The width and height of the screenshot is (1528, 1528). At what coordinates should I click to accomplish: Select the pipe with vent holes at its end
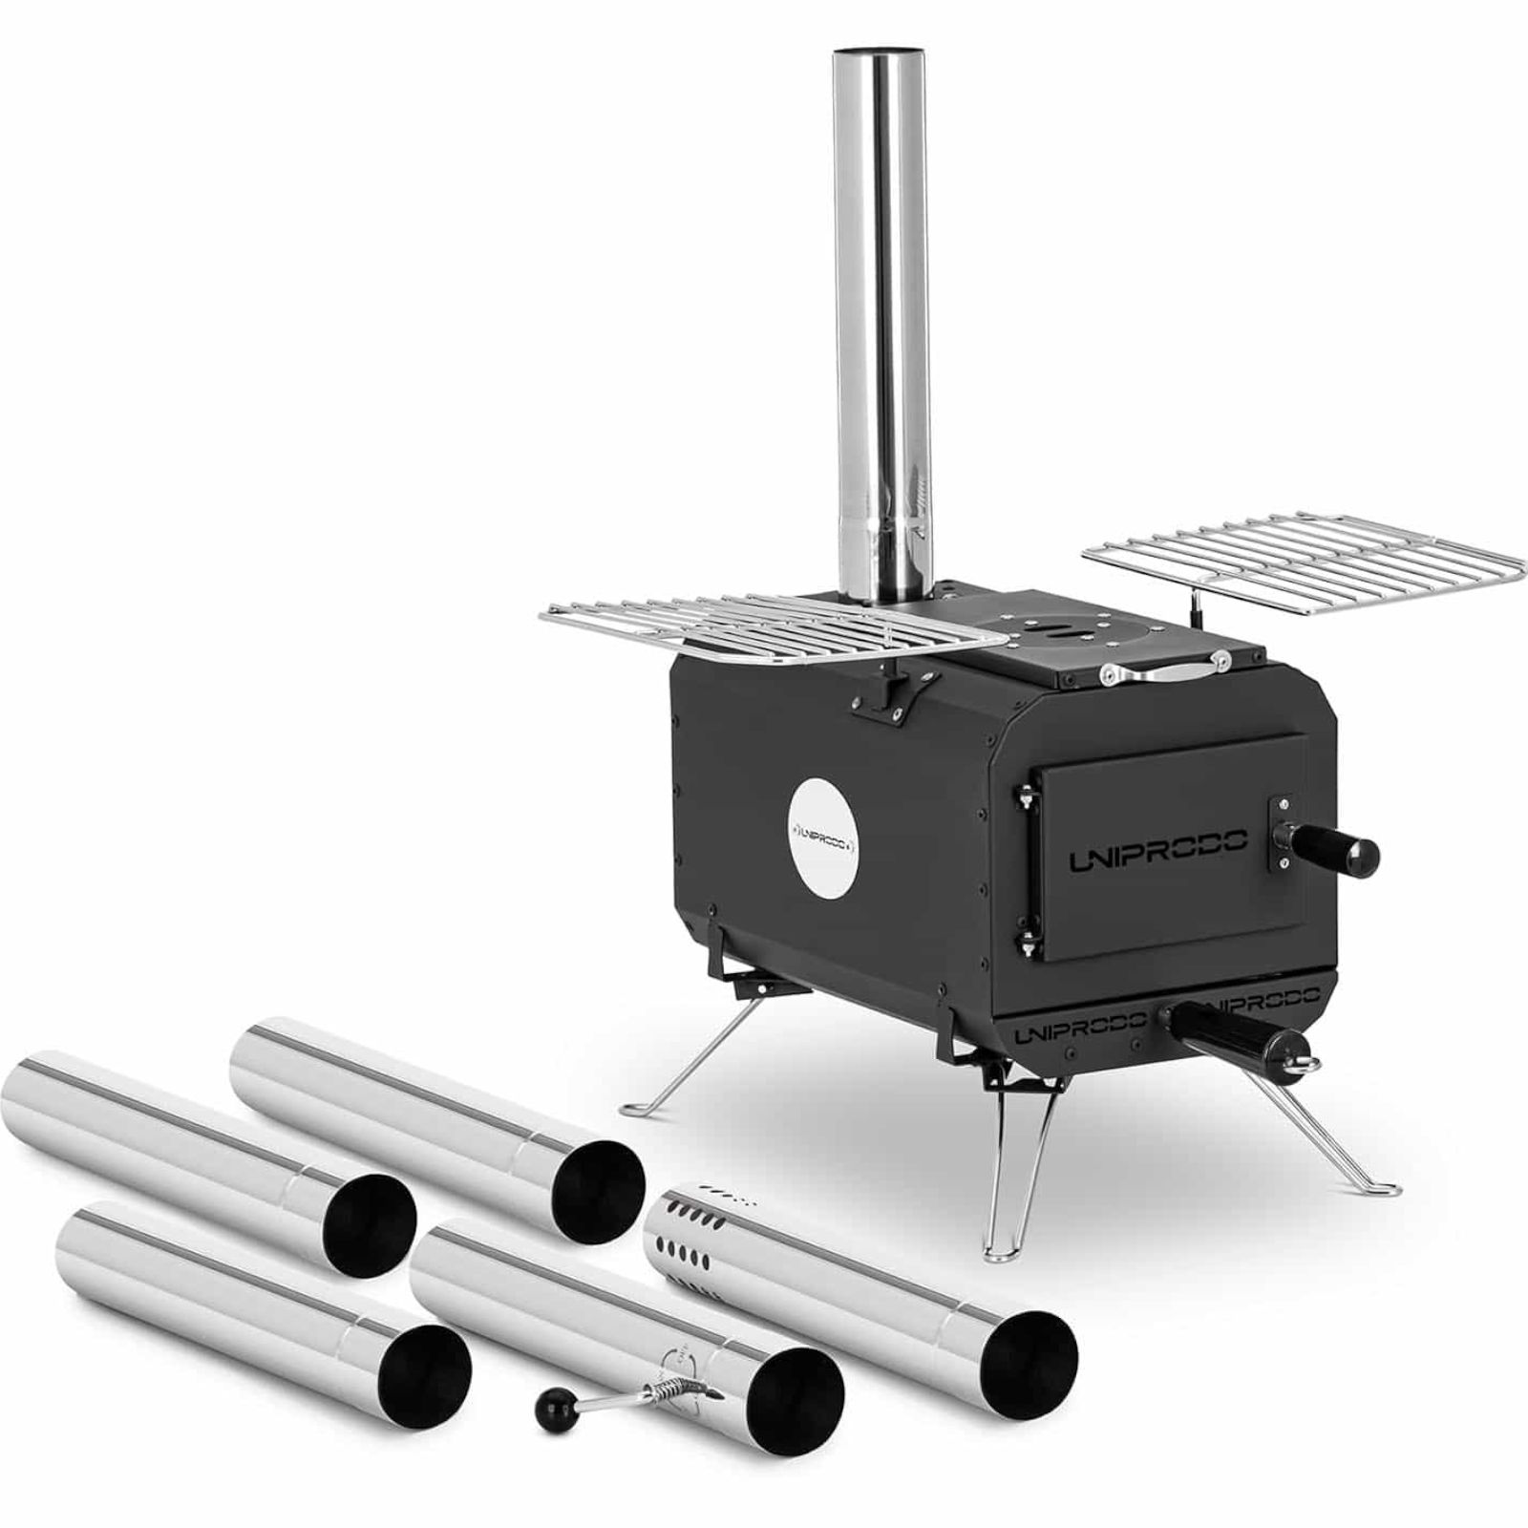click(x=859, y=1290)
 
